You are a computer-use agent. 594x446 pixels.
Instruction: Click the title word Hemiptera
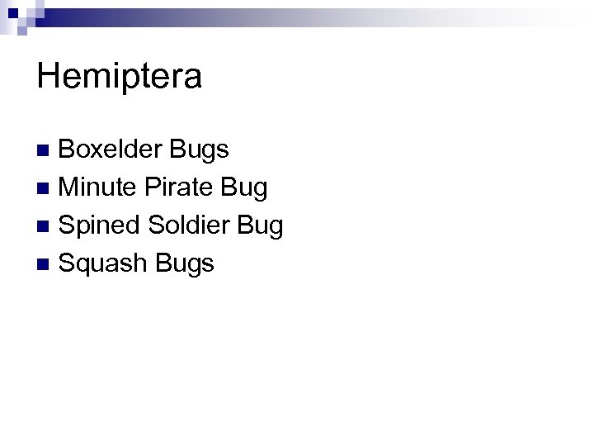click(119, 78)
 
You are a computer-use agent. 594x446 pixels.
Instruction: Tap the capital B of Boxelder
click(68, 149)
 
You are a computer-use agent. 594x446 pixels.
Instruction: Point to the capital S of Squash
click(68, 263)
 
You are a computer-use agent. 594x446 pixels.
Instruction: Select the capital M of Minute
click(70, 187)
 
